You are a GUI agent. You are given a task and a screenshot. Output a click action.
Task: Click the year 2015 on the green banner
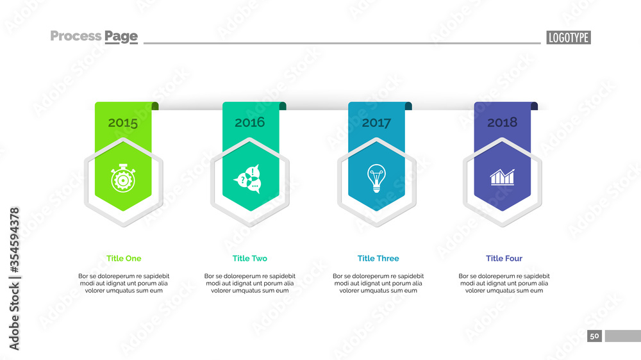pos(122,123)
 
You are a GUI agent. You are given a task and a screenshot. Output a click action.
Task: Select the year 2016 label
pos(249,122)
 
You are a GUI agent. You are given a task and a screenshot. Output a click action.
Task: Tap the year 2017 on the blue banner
pos(376,123)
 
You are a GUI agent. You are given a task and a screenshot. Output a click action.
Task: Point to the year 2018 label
pos(502,122)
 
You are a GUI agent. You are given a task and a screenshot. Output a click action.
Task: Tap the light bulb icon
pos(376,177)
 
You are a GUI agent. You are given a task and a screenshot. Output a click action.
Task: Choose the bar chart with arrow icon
pos(503,177)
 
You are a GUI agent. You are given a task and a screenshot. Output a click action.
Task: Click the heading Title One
pos(124,259)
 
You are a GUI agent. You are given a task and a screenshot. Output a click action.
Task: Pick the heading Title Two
pos(250,259)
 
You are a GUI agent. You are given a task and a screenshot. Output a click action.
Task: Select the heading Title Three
pos(378,259)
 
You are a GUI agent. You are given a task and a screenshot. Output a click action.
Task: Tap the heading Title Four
pos(504,259)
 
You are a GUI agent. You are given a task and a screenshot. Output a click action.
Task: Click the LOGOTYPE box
pos(568,37)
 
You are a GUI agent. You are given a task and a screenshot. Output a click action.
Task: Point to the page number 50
pos(594,336)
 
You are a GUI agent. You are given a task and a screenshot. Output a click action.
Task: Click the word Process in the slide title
pos(75,36)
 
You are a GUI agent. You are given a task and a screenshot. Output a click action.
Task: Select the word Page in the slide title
pos(121,37)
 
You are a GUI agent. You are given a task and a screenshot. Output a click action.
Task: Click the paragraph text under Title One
pos(124,283)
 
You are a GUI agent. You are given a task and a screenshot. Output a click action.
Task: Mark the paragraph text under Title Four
pos(504,283)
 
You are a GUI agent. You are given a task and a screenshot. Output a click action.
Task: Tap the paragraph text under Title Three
pos(378,283)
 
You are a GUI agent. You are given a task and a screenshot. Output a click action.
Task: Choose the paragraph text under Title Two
pos(250,283)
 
